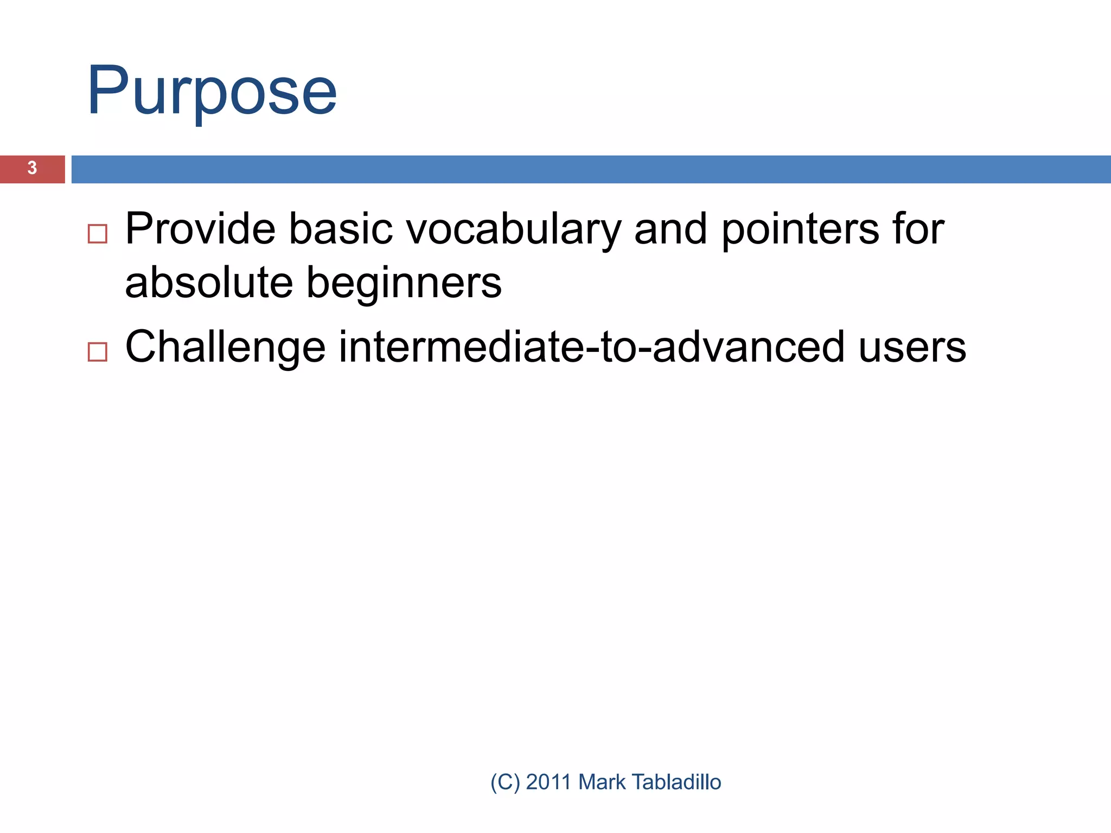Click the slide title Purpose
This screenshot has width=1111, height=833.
[x=212, y=91]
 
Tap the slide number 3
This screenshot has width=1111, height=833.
[x=33, y=168]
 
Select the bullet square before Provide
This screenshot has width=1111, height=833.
[x=97, y=234]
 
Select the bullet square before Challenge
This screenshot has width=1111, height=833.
[x=97, y=352]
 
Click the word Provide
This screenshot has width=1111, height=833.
[x=200, y=229]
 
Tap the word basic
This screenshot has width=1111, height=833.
[x=340, y=229]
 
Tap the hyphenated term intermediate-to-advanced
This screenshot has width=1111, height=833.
[x=591, y=347]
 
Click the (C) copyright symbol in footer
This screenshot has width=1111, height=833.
[x=505, y=782]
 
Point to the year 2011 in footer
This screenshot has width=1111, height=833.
[x=548, y=782]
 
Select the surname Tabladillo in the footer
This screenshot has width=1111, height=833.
[x=676, y=782]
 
